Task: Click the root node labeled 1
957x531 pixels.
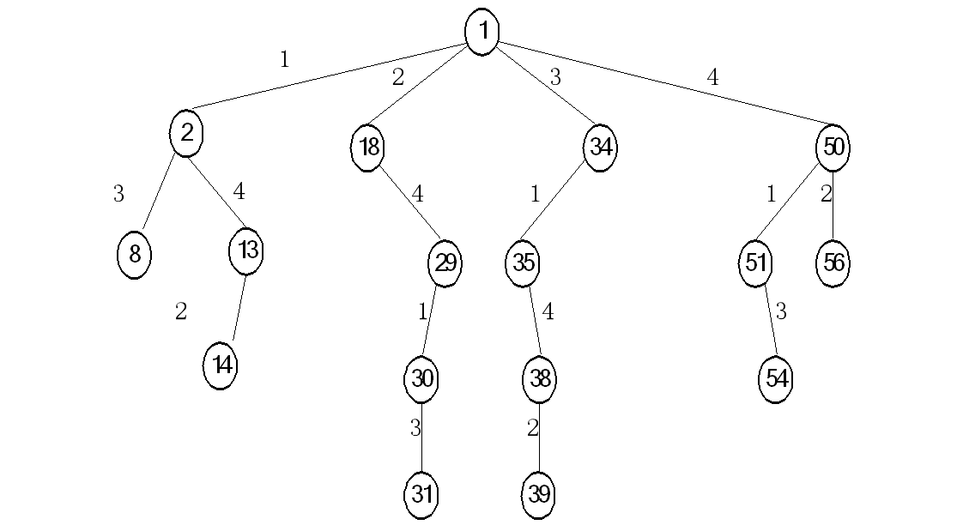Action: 482,33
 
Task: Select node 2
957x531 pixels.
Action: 186,134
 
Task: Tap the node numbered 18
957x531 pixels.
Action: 367,148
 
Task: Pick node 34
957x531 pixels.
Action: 600,148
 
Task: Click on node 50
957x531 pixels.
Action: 833,148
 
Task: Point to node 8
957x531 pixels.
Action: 134,255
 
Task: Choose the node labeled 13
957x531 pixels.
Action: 246,250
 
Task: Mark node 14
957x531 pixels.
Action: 221,365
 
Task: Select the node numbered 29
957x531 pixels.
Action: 445,263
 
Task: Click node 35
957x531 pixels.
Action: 523,263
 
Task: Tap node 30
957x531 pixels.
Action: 421,379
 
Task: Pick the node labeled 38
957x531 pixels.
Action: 539,379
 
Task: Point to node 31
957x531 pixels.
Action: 421,495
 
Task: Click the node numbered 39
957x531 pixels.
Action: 538,495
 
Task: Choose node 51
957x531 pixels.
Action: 755,263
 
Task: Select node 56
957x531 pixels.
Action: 833,263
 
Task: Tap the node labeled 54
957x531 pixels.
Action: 776,379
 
